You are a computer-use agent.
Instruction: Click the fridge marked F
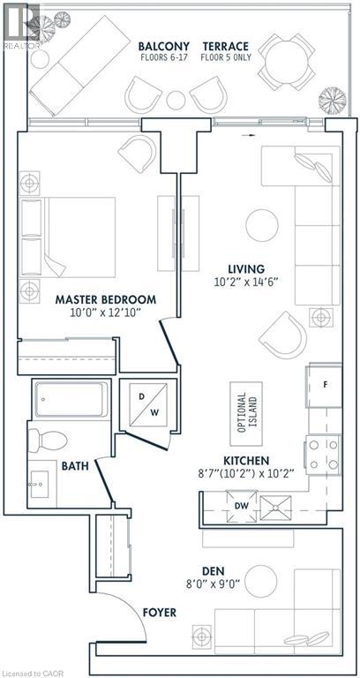[x=323, y=385]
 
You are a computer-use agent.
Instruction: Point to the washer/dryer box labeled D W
[x=142, y=403]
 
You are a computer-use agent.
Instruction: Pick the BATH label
[x=74, y=464]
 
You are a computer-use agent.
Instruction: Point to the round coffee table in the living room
[x=262, y=224]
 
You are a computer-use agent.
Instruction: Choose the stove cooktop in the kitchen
[x=323, y=456]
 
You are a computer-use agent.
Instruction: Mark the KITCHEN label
[x=247, y=460]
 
